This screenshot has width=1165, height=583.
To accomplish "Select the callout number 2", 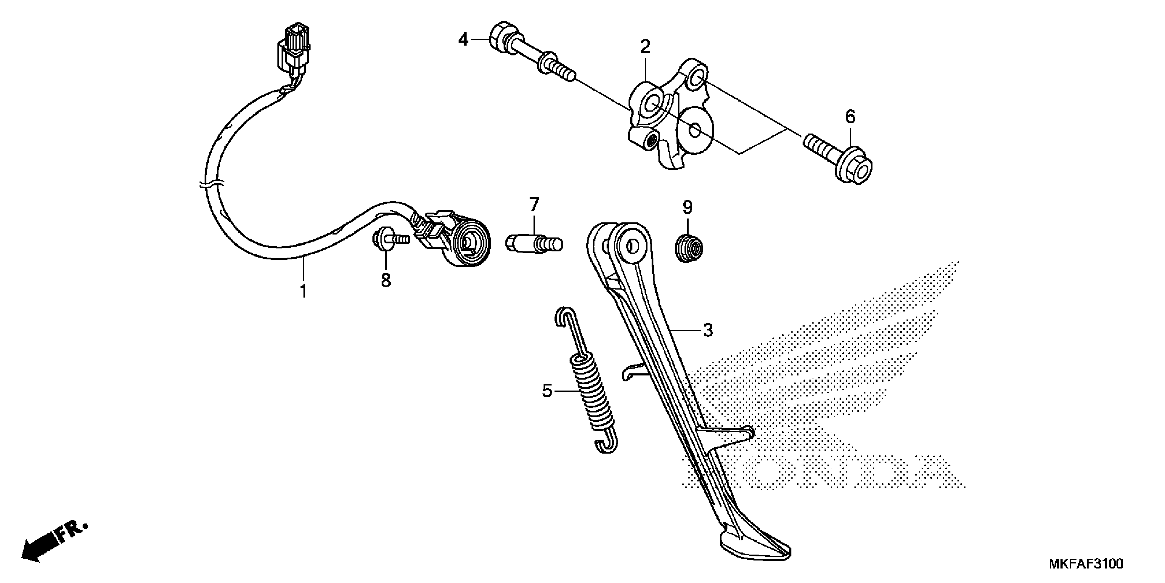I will coord(645,47).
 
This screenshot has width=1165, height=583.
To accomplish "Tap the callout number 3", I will coord(708,331).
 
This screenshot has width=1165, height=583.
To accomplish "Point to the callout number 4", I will coord(463,40).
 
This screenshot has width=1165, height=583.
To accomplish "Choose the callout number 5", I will coord(547,390).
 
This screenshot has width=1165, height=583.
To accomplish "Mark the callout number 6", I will coord(850,117).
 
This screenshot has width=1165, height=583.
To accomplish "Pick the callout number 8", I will coord(385,280).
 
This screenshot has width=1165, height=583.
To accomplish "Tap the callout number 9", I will coord(687,207).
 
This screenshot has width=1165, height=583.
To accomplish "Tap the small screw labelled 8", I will coord(390,239).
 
